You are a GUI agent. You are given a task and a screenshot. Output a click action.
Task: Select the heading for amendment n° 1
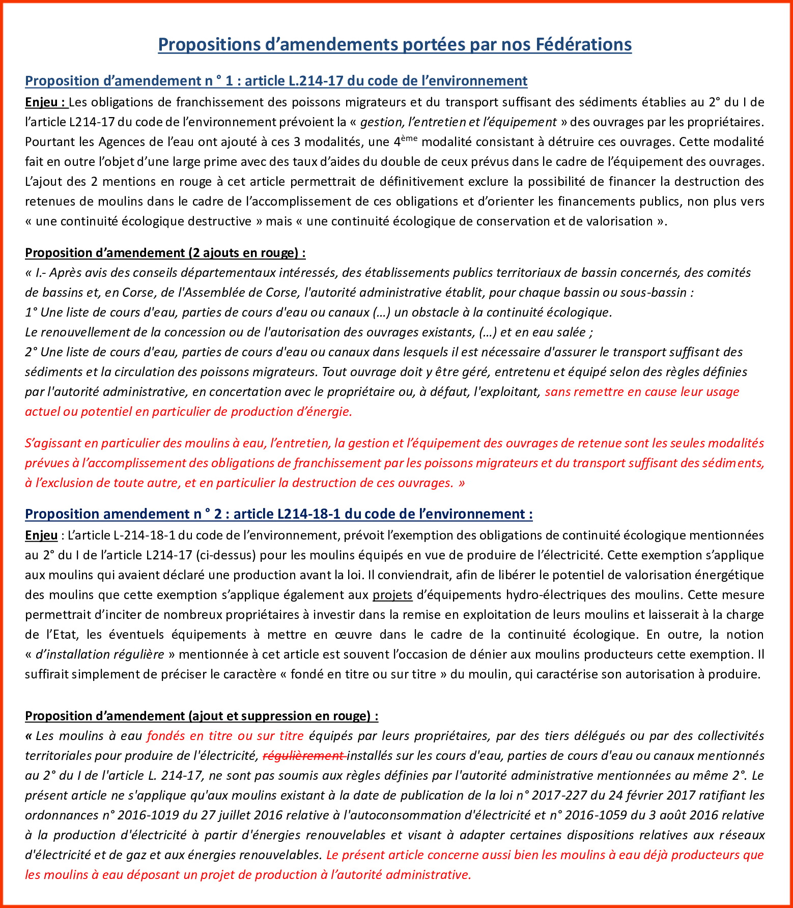coord(276,81)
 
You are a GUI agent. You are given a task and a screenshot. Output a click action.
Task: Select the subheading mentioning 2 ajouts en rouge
coord(165,253)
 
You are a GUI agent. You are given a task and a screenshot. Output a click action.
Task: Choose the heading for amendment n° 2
coord(278,514)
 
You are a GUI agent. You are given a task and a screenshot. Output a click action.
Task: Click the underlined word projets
coord(392,595)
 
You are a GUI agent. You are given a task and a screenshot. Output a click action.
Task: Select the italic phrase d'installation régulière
coord(100,655)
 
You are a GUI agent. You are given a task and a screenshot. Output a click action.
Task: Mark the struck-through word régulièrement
coord(303,756)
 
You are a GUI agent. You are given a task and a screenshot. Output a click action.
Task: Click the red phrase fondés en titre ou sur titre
coord(225,736)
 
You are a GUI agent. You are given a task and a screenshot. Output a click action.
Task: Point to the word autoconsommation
coord(403,815)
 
